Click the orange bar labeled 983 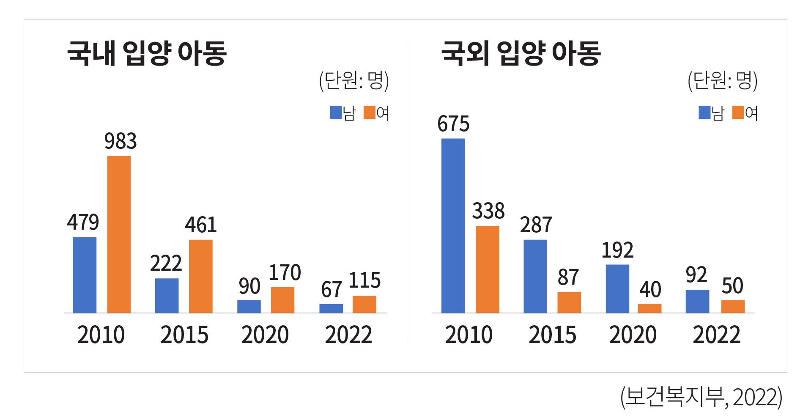click(119, 234)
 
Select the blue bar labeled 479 click(85, 275)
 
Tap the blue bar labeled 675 click(453, 225)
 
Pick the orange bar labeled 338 click(487, 269)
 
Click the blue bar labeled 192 click(617, 288)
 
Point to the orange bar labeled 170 click(282, 300)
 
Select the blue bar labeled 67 click(331, 308)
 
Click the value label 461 click(201, 225)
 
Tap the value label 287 click(536, 225)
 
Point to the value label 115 click(364, 280)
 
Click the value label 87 click(568, 277)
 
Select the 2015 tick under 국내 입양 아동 click(184, 335)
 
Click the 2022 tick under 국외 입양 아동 click(716, 335)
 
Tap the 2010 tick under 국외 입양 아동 click(468, 335)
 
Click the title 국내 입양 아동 click(147, 53)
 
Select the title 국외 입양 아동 click(521, 53)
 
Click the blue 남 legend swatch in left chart click(336, 113)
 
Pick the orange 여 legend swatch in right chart click(738, 113)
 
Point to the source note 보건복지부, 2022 click(701, 397)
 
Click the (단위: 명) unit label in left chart click(354, 80)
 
